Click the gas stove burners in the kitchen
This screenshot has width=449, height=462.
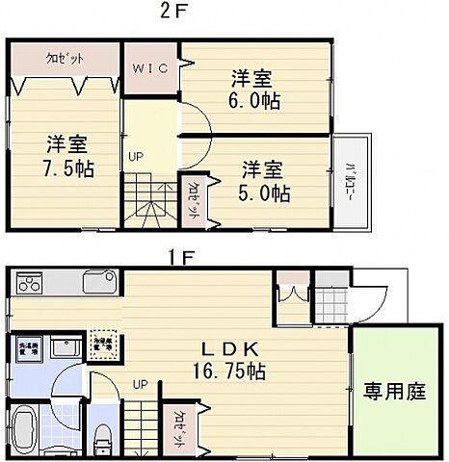[x=30, y=284]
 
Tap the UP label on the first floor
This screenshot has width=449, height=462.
[x=140, y=383]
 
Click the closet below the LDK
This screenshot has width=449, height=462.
[x=180, y=424]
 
